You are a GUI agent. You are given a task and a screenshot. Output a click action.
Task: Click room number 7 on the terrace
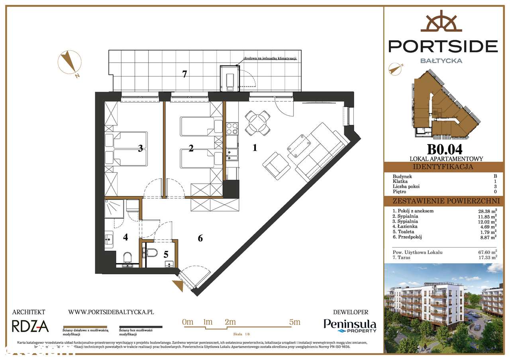[184, 74]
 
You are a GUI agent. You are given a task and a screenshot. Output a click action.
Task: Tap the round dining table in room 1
[256, 122]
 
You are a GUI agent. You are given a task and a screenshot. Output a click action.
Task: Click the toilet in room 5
[152, 252]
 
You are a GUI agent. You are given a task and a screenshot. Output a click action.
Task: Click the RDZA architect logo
[30, 327]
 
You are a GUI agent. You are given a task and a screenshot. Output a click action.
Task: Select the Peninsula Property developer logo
[350, 326]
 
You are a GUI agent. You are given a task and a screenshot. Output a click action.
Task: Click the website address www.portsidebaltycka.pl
[111, 313]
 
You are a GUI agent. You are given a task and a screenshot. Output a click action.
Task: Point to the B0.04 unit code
[445, 149]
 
